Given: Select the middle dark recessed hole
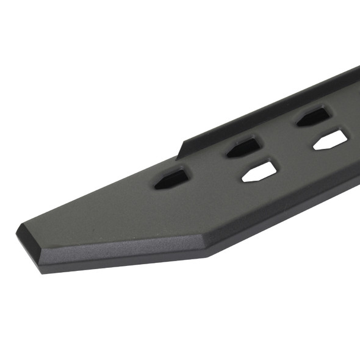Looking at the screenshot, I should (x=245, y=146).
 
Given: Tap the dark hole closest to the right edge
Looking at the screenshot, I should (x=314, y=116).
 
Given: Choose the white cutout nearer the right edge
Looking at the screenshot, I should (x=331, y=140).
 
